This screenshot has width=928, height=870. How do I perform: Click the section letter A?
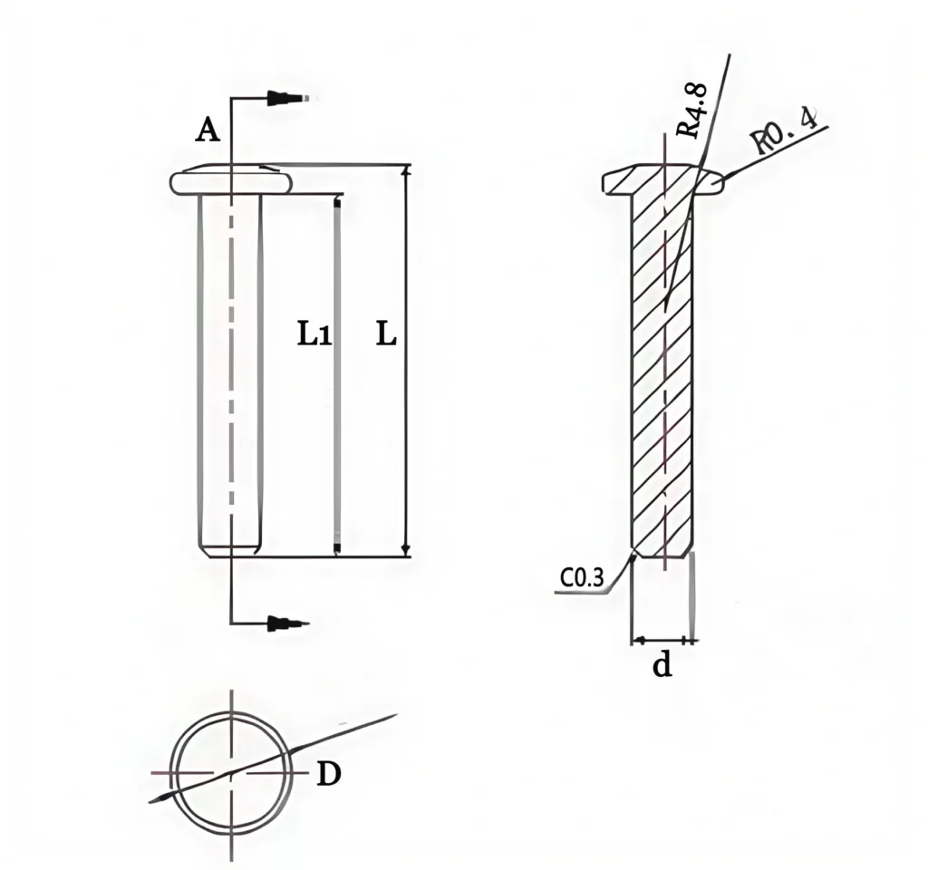[x=208, y=131]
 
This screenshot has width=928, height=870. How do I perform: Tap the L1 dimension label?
[x=314, y=335]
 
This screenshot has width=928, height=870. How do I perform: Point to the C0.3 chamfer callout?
[x=582, y=578]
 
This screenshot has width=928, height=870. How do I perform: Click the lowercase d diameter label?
[x=662, y=667]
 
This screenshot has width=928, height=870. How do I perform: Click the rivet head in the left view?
[x=231, y=180]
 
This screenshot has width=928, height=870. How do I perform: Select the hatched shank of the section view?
[x=662, y=381]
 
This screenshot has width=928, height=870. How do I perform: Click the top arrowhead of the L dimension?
[x=406, y=173]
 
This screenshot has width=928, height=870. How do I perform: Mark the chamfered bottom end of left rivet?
[x=230, y=549]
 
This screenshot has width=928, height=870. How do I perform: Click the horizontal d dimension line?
[x=663, y=641]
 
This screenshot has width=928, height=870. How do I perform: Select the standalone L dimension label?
[x=385, y=335]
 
